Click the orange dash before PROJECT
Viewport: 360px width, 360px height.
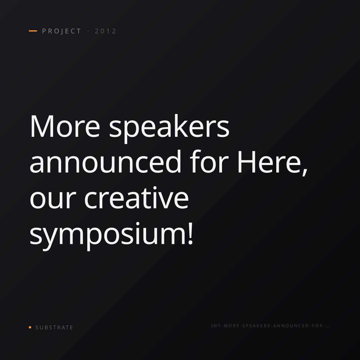click(33, 31)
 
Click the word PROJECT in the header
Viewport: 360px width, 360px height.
click(61, 31)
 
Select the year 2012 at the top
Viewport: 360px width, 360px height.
click(105, 31)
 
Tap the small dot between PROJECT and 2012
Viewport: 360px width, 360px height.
click(88, 31)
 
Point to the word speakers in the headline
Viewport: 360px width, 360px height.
click(169, 128)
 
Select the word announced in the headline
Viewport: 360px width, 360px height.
click(105, 161)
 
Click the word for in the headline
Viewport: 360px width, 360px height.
click(209, 161)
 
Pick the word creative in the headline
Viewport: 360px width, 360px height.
click(136, 198)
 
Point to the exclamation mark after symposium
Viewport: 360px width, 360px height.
click(190, 233)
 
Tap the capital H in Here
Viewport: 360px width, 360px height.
click(247, 162)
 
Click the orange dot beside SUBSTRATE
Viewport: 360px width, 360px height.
click(30, 327)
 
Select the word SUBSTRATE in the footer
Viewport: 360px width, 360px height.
click(54, 328)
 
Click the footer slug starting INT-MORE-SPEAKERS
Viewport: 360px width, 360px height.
click(270, 326)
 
